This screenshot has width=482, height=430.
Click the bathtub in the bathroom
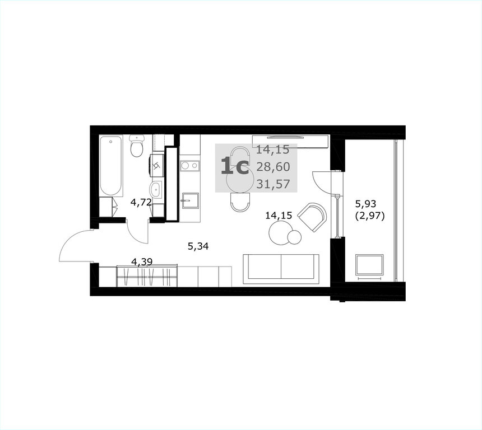tap(111, 166)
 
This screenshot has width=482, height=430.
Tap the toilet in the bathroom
tap(137, 146)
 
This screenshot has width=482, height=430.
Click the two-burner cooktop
tap(189, 166)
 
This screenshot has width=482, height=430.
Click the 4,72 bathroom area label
tap(141, 202)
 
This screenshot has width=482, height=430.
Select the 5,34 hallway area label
tap(198, 246)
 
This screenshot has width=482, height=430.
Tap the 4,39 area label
tap(142, 261)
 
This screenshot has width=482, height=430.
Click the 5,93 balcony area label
tap(365, 203)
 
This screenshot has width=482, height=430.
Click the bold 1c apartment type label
tap(235, 167)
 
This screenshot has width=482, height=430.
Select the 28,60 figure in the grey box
tap(274, 167)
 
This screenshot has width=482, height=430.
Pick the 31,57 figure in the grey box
tap(274, 184)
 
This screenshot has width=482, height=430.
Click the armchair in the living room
tap(312, 217)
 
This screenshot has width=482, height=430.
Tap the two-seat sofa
tap(281, 269)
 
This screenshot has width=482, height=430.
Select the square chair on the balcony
tap(369, 265)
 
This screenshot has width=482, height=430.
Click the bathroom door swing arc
tap(135, 235)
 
